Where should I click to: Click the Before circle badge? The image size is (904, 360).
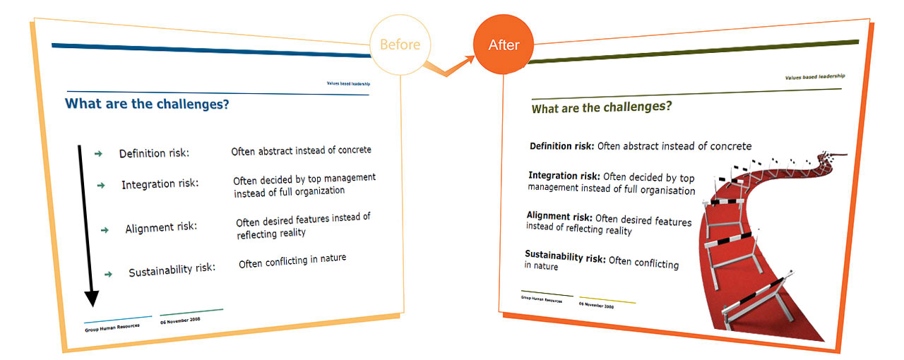tap(400, 44)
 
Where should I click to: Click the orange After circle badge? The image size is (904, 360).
tap(504, 44)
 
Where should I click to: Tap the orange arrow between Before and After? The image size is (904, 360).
tap(448, 67)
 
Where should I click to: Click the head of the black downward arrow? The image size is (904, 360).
tap(92, 298)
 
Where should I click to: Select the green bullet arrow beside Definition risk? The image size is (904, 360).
tap(98, 154)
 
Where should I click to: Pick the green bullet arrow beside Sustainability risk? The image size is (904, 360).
tap(108, 275)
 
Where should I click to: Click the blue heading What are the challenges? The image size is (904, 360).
tap(147, 104)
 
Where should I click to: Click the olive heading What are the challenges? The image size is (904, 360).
tap(602, 108)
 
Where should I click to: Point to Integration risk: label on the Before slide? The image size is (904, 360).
tap(160, 184)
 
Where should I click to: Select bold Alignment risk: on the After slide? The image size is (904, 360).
tap(559, 216)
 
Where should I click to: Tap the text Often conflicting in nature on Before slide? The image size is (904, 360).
tap(292, 261)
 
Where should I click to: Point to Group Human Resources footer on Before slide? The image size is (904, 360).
tap(112, 328)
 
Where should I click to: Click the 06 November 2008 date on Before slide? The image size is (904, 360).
tap(180, 320)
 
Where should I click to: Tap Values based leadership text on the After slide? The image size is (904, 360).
tap(815, 77)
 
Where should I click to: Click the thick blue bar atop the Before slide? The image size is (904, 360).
tap(211, 50)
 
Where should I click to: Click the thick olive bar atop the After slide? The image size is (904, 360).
tap(694, 52)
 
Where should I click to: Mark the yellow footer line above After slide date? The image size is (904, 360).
tap(607, 300)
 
